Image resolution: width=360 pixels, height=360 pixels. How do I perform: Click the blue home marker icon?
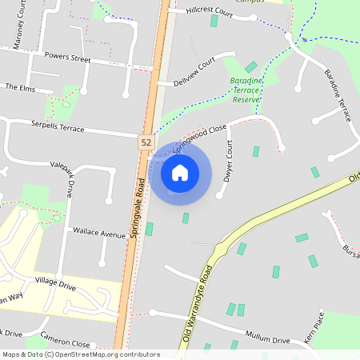[180, 172]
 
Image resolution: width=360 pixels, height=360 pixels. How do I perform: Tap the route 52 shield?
[145, 142]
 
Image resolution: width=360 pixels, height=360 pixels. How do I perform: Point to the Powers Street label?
[67, 57]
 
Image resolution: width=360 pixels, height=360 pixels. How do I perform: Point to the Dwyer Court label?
[229, 160]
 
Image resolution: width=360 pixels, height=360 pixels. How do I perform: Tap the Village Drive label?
[55, 284]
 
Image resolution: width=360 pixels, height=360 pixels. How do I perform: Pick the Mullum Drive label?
[269, 340]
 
